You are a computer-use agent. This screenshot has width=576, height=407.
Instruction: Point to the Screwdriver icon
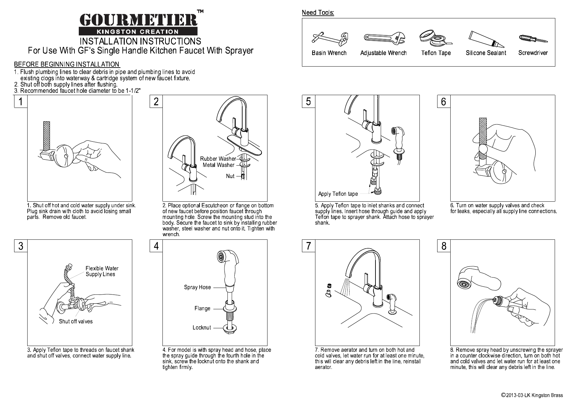click(533, 38)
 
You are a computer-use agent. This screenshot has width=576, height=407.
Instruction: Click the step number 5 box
click(308, 101)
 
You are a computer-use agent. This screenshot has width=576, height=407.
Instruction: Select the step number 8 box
click(444, 246)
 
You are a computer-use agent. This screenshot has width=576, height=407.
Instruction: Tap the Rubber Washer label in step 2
click(218, 159)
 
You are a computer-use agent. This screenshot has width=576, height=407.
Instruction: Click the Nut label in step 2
click(230, 176)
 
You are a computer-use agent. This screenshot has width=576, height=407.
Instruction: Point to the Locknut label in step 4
click(202, 328)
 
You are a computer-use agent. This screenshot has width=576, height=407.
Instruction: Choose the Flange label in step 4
click(202, 308)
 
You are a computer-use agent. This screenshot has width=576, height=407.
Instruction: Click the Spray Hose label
click(197, 287)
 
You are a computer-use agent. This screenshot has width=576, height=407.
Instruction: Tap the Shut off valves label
click(75, 321)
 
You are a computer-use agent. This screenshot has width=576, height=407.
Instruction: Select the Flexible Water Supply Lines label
click(102, 271)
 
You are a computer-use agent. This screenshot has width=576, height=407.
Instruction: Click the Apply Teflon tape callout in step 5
click(338, 194)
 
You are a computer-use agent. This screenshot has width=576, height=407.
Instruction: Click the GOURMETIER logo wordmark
click(139, 20)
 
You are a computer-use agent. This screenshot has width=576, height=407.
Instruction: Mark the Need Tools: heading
click(318, 13)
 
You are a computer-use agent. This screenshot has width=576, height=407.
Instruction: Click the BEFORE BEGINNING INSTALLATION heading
click(67, 64)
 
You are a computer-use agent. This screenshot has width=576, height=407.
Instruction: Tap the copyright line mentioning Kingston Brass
click(532, 395)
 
